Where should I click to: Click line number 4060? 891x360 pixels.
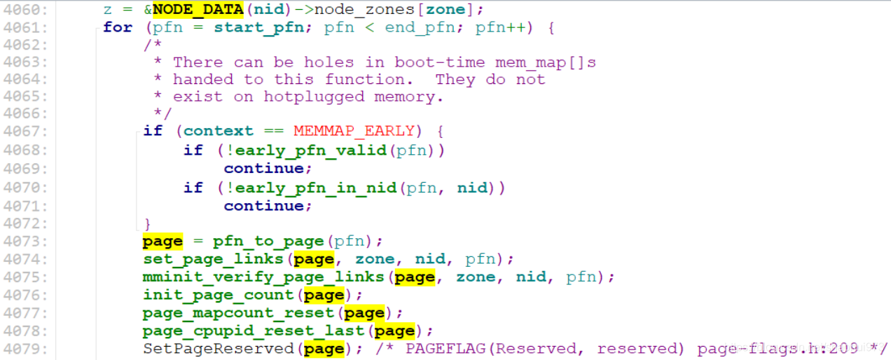click(26, 11)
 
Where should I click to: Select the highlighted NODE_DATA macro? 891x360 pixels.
click(198, 11)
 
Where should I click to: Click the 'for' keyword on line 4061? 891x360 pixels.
click(118, 27)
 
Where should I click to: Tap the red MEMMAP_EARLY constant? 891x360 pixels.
click(353, 131)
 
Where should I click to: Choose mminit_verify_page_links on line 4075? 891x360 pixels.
click(263, 277)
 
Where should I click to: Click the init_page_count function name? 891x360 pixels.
click(218, 295)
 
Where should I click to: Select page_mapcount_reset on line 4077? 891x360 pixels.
click(237, 312)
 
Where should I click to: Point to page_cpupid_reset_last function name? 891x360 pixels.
click(254, 331)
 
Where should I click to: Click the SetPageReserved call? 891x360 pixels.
click(218, 349)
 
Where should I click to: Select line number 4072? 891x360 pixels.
click(26, 223)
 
